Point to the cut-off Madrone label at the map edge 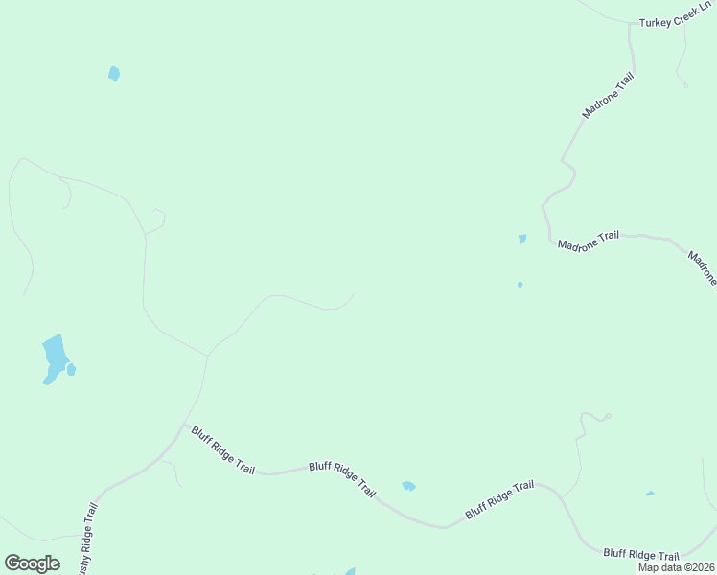click(702, 267)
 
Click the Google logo click(32, 563)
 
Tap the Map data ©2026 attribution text click(677, 567)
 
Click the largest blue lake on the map click(54, 356)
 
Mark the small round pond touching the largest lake click(71, 369)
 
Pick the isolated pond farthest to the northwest click(114, 74)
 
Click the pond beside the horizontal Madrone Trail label click(522, 239)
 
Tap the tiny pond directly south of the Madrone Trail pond click(520, 285)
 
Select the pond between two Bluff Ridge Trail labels click(408, 486)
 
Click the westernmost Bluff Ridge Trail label click(222, 450)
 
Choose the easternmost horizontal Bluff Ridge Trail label click(641, 555)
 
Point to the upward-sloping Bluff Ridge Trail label click(499, 499)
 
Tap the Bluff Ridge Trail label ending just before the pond click(342, 477)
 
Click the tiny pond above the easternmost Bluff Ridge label click(650, 494)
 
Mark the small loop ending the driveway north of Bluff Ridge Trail click(608, 416)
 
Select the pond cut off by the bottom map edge click(351, 571)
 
